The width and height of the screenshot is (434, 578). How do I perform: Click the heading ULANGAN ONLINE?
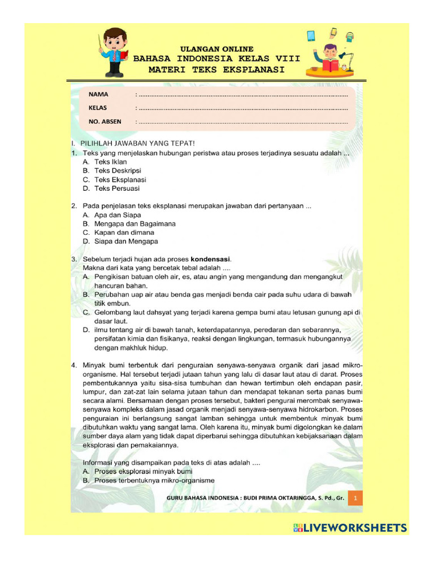216,49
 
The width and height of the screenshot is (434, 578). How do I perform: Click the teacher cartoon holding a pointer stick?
115,52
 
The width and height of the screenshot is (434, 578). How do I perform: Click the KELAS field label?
97,107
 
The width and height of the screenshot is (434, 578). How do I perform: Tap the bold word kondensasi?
210,259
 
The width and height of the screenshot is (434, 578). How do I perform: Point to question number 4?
74,365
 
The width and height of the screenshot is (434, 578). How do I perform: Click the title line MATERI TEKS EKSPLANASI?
216,69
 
